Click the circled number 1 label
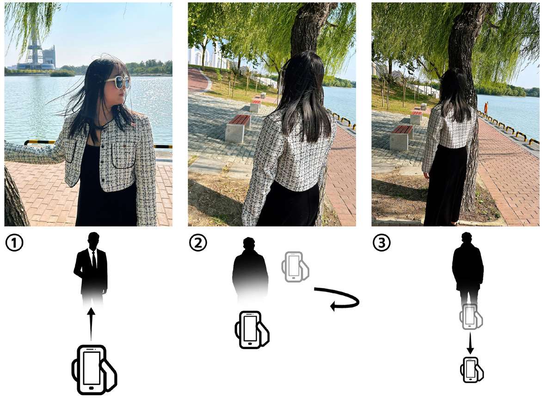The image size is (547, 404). (x=14, y=243)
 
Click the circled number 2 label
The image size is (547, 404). (x=198, y=243)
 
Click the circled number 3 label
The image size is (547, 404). (x=381, y=243)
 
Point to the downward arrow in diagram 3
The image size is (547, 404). (x=470, y=343)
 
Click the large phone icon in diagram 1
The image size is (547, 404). (x=93, y=370)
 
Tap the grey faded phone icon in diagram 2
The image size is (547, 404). (x=295, y=267)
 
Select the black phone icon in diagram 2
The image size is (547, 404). (x=252, y=330)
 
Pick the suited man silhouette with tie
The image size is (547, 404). (x=91, y=269)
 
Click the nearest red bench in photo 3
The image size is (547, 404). (x=401, y=137)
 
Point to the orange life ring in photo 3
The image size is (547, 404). (x=485, y=108)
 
